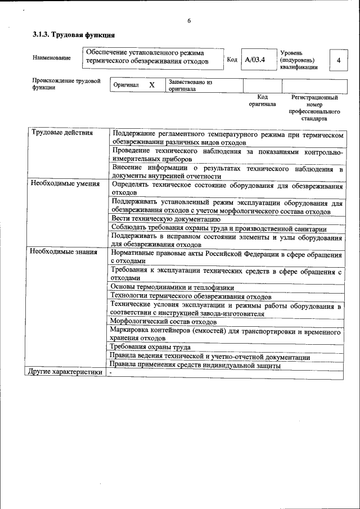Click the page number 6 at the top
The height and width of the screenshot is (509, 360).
pyautogui.click(x=189, y=21)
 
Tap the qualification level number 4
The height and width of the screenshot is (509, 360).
pyautogui.click(x=337, y=60)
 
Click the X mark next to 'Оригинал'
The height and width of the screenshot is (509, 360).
pyautogui.click(x=151, y=85)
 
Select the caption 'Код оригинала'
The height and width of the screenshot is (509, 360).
pyautogui.click(x=262, y=101)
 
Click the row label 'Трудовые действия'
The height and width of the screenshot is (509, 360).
pyautogui.click(x=62, y=133)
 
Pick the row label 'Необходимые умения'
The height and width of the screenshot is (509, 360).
pyautogui.click(x=65, y=183)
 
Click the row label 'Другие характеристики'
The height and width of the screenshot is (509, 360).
pyautogui.click(x=66, y=372)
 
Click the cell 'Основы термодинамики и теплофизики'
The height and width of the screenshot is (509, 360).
pyautogui.click(x=172, y=287)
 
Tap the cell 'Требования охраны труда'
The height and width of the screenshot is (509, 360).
pyautogui.click(x=150, y=347)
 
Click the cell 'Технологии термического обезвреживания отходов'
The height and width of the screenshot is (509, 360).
pyautogui.click(x=191, y=296)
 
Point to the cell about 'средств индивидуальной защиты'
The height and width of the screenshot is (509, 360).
pyautogui.click(x=195, y=365)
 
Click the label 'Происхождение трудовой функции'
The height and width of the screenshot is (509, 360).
pyautogui.click(x=66, y=84)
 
